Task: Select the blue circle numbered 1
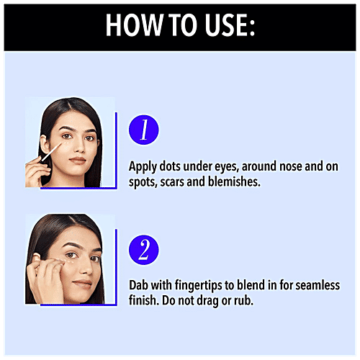pyautogui.click(x=144, y=130)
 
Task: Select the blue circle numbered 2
pyautogui.click(x=144, y=250)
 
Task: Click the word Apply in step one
pyautogui.click(x=143, y=167)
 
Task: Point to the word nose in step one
pyautogui.click(x=291, y=166)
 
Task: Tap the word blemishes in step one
pyautogui.click(x=234, y=181)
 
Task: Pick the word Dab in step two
pyautogui.click(x=138, y=285)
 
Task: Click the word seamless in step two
pyautogui.click(x=318, y=285)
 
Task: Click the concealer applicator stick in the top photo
pyautogui.click(x=51, y=152)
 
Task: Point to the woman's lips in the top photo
pyautogui.click(x=77, y=160)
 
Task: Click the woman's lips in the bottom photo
pyautogui.click(x=82, y=284)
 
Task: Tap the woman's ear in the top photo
pyautogui.click(x=45, y=145)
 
